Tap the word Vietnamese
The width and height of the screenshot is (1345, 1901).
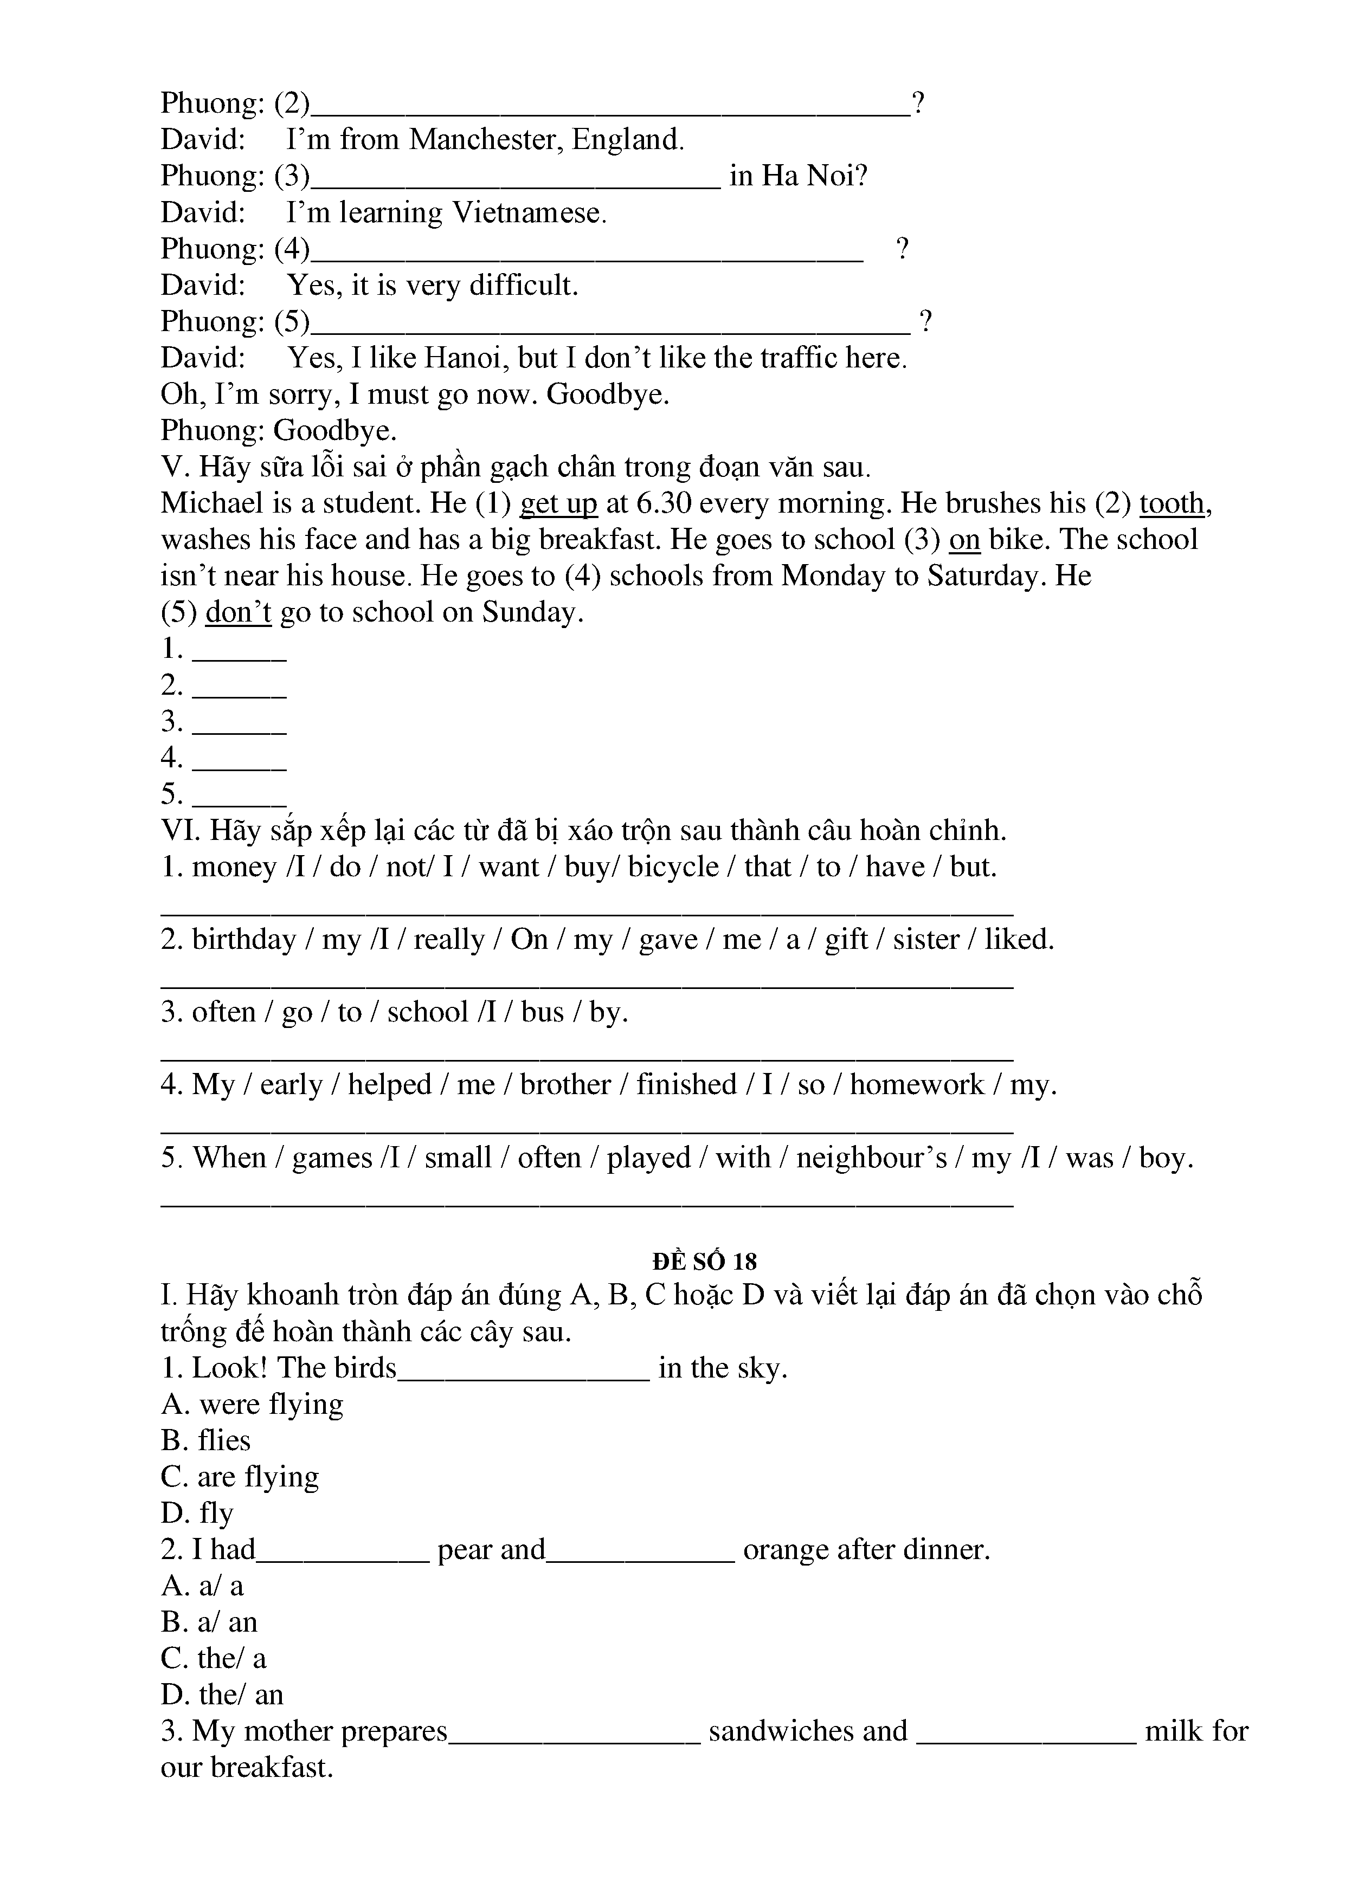(x=529, y=213)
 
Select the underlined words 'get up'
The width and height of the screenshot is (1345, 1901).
(x=558, y=503)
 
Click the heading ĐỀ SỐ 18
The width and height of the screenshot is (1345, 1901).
(x=705, y=1261)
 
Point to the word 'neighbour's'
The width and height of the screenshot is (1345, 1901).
(x=871, y=1158)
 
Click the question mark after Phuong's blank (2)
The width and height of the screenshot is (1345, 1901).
(x=918, y=104)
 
